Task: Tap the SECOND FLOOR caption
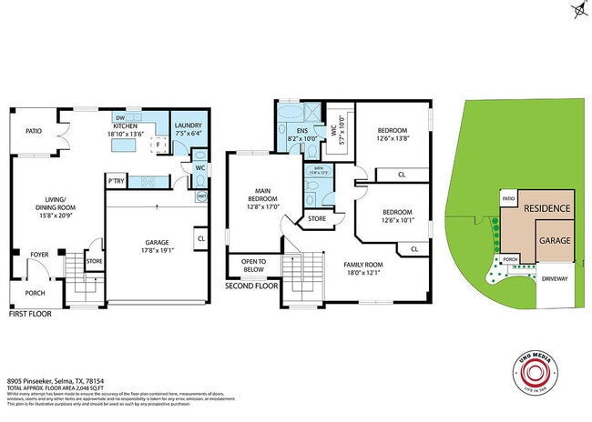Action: click(x=250, y=286)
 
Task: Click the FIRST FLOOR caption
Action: click(x=30, y=314)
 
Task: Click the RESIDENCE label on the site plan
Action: click(x=546, y=208)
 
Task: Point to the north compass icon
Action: click(x=579, y=11)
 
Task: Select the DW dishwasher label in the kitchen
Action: click(x=120, y=117)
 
